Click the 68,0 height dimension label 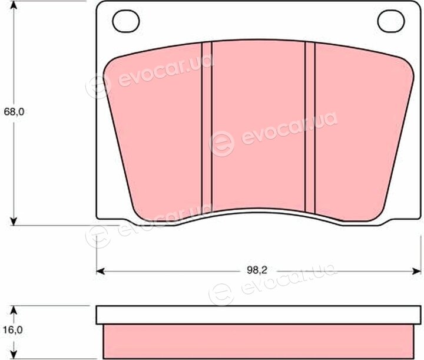coord(14,112)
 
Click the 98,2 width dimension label coord(257,270)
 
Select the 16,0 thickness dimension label coord(13,330)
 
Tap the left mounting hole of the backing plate coord(126,21)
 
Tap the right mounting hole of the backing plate coord(391,21)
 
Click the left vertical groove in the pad coord(207,128)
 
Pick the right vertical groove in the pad coord(310,127)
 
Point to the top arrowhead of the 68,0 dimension coord(14,5)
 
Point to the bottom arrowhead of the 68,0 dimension coord(14,221)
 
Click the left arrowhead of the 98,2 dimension coord(101,271)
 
